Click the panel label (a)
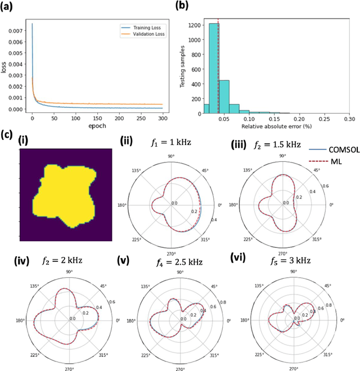coord(10,6)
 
